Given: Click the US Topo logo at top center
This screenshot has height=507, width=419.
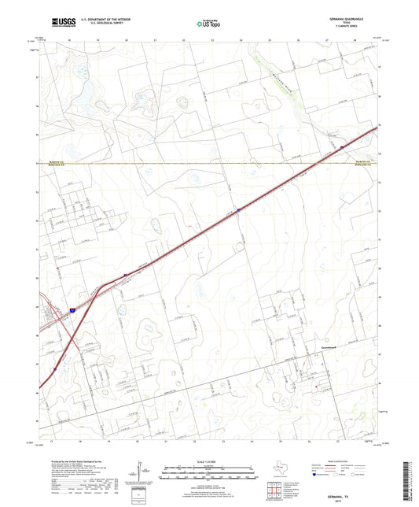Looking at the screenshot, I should pos(208,24).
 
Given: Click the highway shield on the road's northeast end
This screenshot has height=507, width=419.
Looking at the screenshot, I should pos(342,146).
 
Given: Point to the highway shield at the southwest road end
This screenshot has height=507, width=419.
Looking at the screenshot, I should pos(55,369).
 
